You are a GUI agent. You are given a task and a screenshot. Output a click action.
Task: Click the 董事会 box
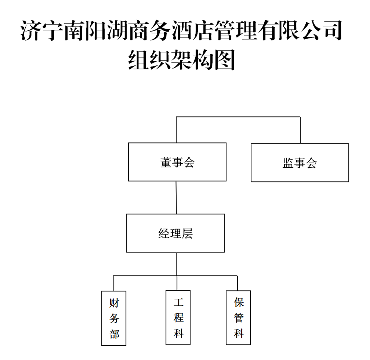pos(177,162)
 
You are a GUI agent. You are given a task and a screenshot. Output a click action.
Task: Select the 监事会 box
pos(300,163)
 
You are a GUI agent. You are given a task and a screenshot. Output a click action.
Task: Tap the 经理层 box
pos(175,233)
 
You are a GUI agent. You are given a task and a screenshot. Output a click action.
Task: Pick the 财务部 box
pos(114,318)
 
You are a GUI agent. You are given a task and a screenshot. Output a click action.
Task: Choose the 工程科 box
pos(178,317)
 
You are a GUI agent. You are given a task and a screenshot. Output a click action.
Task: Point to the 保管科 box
pos(238,317)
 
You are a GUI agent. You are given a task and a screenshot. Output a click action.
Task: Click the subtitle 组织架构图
pos(181,59)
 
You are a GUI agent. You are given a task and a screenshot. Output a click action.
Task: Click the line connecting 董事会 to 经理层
pos(176,197)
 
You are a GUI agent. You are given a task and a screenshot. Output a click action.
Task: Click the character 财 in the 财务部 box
pos(114,303)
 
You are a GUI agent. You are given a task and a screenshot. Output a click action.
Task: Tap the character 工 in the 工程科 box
pos(178,302)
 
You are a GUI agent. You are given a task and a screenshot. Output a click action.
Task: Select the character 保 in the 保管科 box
pos(239,302)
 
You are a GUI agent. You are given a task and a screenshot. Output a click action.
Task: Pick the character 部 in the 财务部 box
pos(114,334)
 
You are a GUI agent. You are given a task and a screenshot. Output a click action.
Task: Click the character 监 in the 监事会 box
pos(288,163)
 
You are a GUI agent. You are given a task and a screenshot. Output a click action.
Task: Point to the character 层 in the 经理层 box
pos(187,233)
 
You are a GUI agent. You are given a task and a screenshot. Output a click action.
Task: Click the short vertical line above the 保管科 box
pos(237,283)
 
